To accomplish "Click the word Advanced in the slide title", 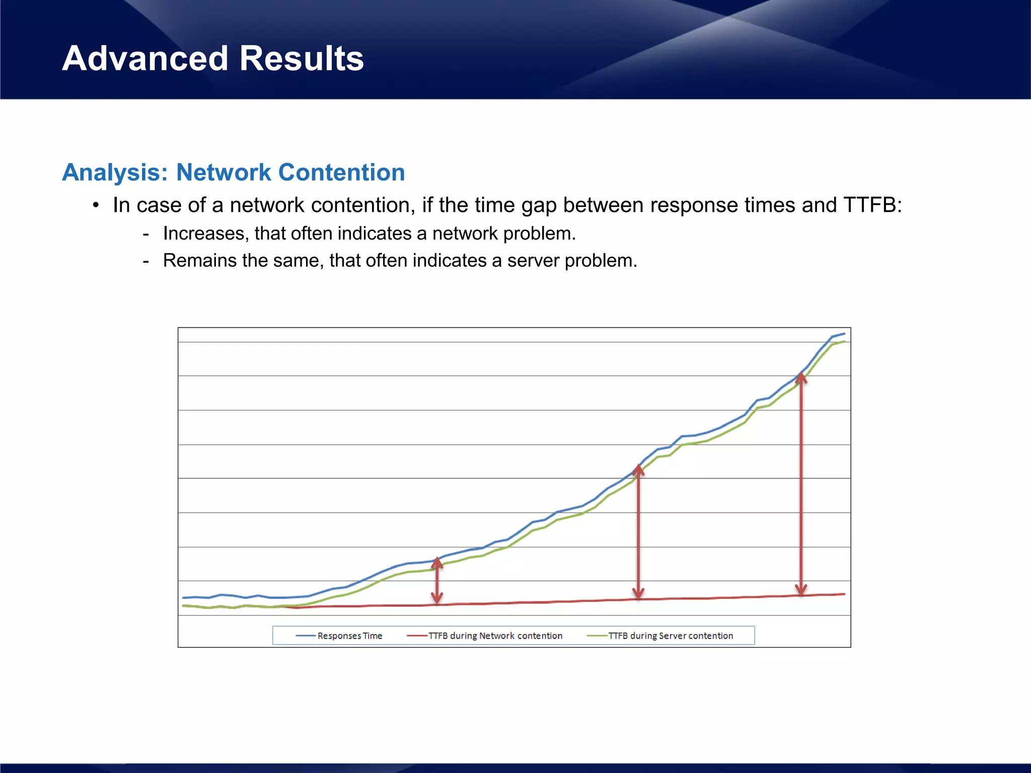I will pos(145,58).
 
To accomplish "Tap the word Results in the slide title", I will pos(301,58).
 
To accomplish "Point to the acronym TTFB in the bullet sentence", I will pos(869,205).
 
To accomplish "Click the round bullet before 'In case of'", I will pos(96,205).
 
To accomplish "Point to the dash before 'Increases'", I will pos(146,234).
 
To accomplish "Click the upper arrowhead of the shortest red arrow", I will pos(437,562).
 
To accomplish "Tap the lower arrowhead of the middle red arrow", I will pos(638,593).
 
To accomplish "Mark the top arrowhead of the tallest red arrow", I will pos(801,377).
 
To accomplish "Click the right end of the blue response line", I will pos(844,334).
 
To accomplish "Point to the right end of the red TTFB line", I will pos(844,594).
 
